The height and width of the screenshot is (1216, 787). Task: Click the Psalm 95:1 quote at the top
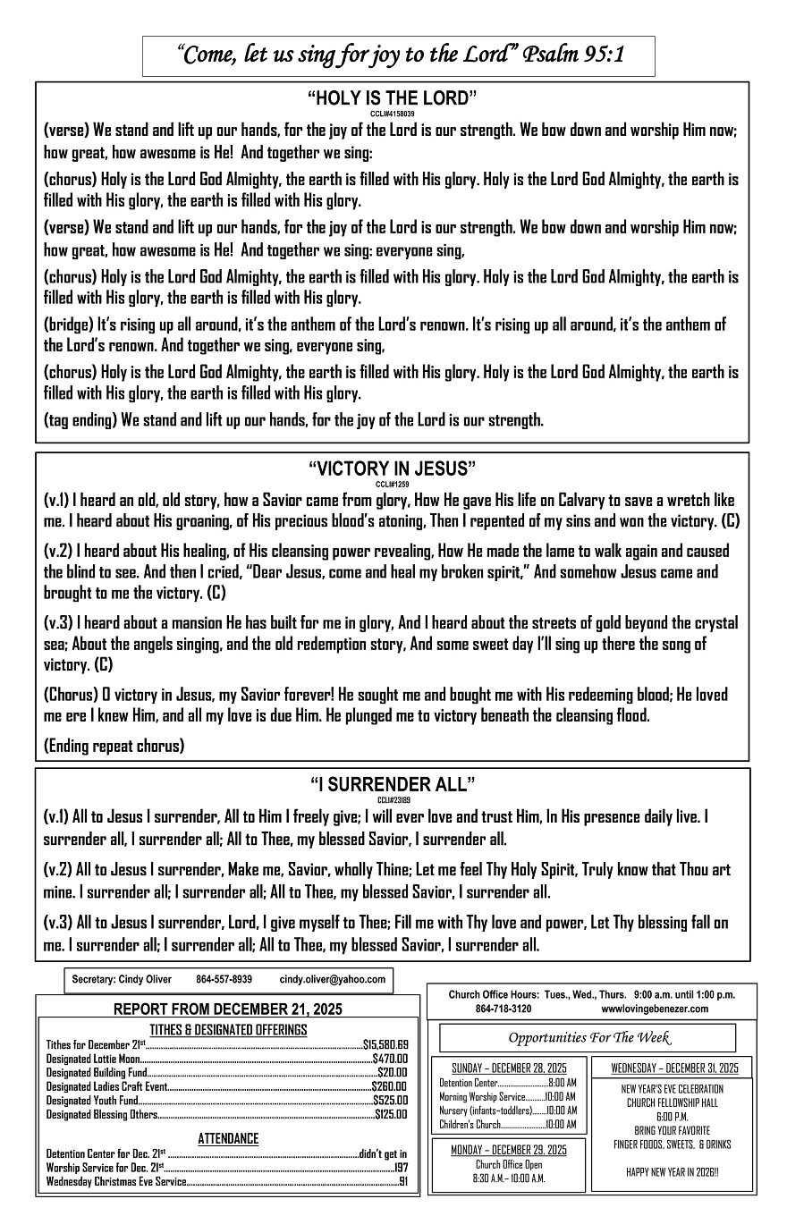coord(399,55)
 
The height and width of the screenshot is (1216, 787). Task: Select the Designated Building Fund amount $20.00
coord(392,1072)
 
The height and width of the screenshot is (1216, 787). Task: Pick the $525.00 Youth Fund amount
coord(390,1100)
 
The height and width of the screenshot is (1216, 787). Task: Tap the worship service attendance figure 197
coord(401,1167)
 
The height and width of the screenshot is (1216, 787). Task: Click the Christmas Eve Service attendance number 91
coord(403,1181)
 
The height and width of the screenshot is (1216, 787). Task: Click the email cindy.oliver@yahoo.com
coord(332,980)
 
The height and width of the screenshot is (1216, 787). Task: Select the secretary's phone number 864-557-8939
coord(224,980)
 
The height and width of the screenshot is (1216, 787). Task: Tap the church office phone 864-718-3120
coord(504,1009)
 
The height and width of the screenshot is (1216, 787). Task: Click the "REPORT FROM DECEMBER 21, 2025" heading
coord(227,1009)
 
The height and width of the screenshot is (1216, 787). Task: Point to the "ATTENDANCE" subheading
coord(228,1139)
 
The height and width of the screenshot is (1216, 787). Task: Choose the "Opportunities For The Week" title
coord(589,1037)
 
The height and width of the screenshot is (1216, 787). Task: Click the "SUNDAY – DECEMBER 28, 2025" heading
coord(509,1068)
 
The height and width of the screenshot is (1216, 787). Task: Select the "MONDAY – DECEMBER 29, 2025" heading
coord(509,1149)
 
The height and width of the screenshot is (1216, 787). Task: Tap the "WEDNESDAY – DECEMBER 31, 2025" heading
coord(674,1068)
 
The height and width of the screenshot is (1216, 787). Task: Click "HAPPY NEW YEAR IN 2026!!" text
coord(673,1171)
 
